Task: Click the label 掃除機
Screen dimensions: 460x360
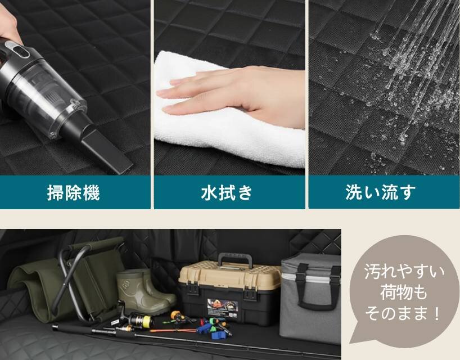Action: tap(74, 192)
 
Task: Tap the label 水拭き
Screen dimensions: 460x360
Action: tap(227, 192)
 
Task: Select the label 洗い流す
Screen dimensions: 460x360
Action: tap(381, 192)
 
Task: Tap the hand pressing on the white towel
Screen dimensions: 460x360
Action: tap(234, 94)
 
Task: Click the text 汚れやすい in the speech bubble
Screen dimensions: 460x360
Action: tap(404, 272)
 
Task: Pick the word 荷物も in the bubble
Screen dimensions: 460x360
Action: tap(404, 292)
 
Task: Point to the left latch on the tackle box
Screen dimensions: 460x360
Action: tap(192, 289)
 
